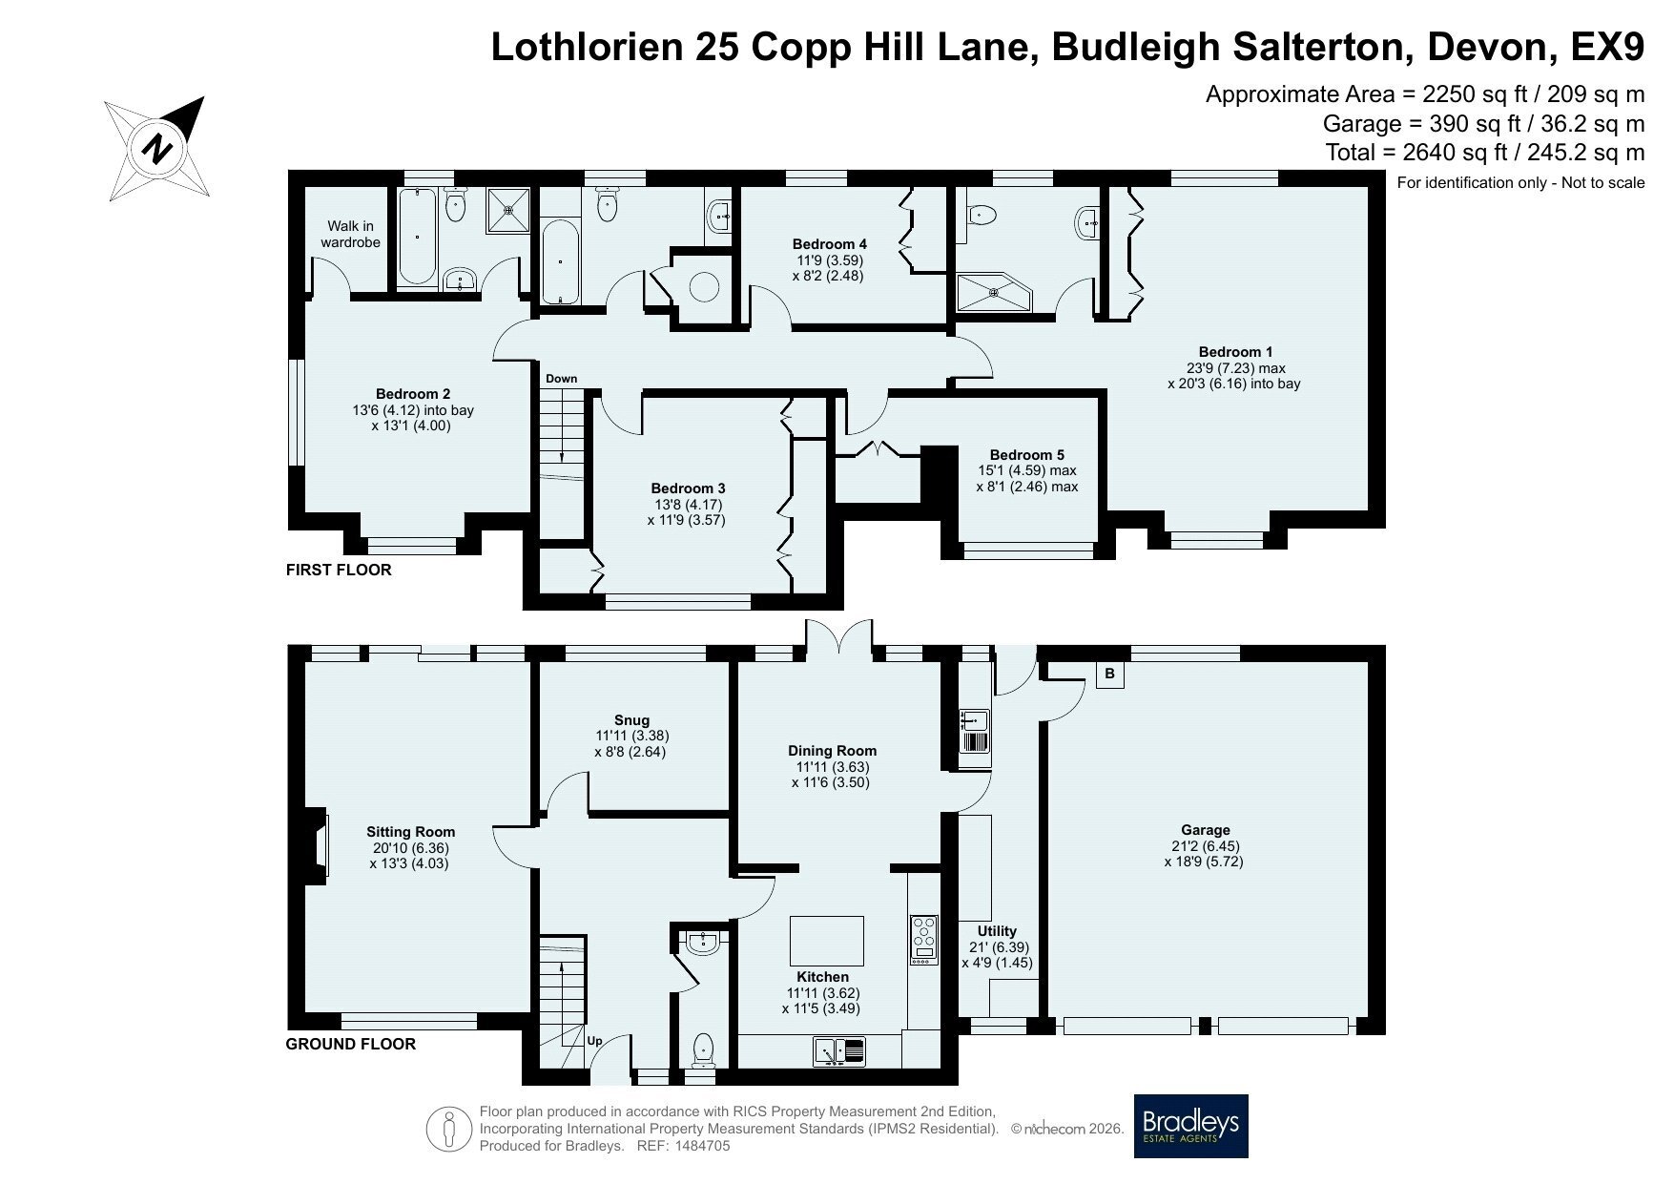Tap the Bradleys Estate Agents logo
[x=1190, y=1126]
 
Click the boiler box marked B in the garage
[x=1109, y=675]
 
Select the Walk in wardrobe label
[x=350, y=234]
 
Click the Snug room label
[x=631, y=720]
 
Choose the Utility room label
[x=997, y=931]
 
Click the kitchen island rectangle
[x=827, y=941]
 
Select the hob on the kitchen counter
[x=924, y=940]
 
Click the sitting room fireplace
[x=318, y=843]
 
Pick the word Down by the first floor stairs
[x=561, y=379]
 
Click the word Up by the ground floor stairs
[x=594, y=1041]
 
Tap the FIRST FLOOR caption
[x=339, y=571]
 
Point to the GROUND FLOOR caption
[x=351, y=1044]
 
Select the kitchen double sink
[x=838, y=1051]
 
